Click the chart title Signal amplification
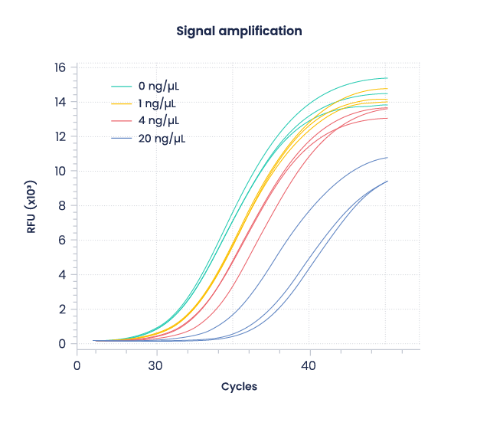coord(239,31)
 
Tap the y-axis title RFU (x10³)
coord(31,205)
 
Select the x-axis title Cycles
coord(239,387)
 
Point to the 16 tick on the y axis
coord(59,67)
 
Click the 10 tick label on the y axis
coord(59,171)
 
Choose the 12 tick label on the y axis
coord(59,136)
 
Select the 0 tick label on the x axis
coord(77,366)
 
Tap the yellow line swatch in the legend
coord(122,103)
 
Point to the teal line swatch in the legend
coord(122,86)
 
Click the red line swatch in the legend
coord(122,121)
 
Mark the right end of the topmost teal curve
coord(387,78)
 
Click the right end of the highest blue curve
coord(387,158)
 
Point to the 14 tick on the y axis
coord(59,102)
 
